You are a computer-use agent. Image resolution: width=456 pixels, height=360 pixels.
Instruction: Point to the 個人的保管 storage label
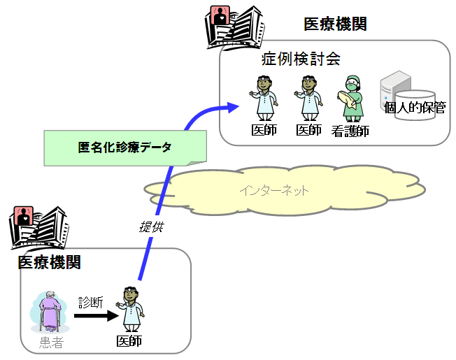click(x=415, y=108)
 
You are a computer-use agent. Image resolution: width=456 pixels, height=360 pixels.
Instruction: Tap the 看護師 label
click(x=350, y=131)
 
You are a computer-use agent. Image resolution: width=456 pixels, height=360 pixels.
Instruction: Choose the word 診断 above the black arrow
click(x=91, y=302)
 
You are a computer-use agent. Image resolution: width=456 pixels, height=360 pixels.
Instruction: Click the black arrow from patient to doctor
click(x=94, y=316)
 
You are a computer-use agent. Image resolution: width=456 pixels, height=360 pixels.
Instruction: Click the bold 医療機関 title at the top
click(x=335, y=24)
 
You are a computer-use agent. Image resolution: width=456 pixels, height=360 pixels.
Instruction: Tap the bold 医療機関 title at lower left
click(x=49, y=263)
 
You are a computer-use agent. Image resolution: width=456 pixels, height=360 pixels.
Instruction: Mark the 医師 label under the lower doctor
click(x=129, y=341)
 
